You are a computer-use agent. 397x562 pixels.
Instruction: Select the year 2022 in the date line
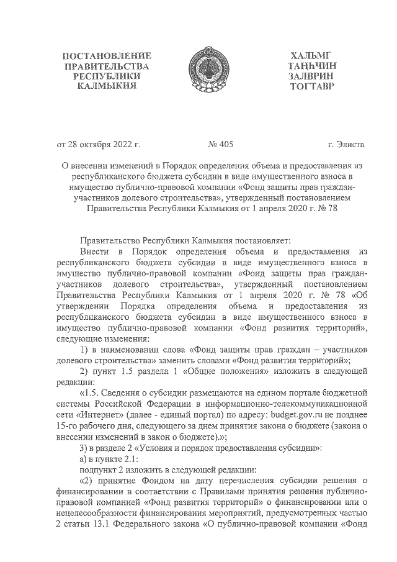pyautogui.click(x=123, y=145)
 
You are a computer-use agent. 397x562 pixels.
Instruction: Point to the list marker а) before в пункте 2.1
pyautogui.click(x=85, y=458)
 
